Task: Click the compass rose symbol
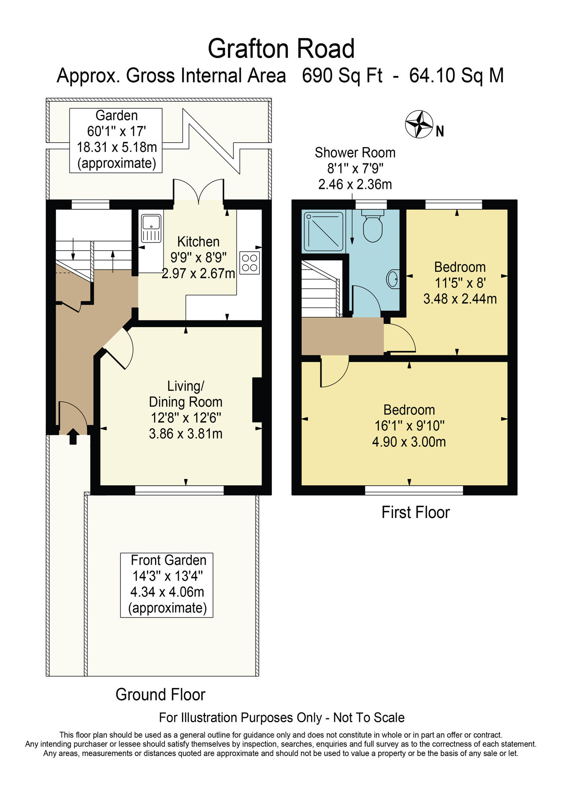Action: [x=419, y=124]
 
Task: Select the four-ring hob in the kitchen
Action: [x=250, y=263]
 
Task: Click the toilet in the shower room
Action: [x=372, y=227]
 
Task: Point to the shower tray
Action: [x=324, y=231]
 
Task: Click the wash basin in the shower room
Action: [x=393, y=279]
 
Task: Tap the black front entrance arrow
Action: [x=73, y=436]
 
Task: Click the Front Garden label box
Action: [x=167, y=585]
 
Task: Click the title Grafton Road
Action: [x=281, y=49]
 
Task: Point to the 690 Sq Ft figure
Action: [x=342, y=76]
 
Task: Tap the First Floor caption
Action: [x=415, y=512]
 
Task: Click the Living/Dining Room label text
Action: [x=186, y=394]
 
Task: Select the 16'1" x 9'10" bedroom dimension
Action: [x=409, y=426]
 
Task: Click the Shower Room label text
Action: [x=355, y=153]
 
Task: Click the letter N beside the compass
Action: [x=440, y=132]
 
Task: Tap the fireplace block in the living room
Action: [x=257, y=399]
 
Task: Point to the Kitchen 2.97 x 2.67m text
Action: [x=198, y=273]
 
